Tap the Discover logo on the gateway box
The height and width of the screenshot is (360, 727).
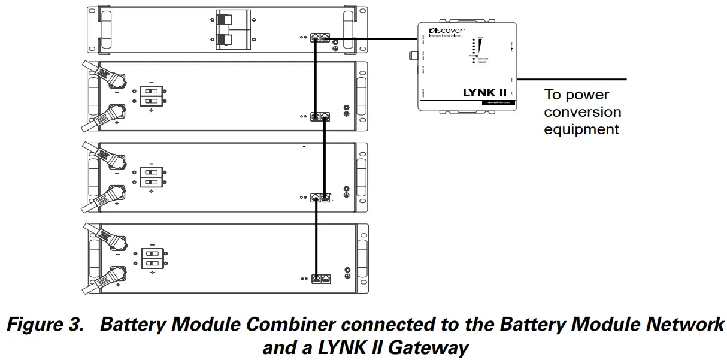click(x=446, y=30)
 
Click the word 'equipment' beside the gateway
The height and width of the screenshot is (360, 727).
click(x=581, y=129)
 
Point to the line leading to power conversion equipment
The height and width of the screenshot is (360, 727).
click(x=572, y=79)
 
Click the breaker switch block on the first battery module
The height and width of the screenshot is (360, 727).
click(x=152, y=96)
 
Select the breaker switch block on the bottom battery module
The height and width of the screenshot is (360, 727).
click(x=152, y=258)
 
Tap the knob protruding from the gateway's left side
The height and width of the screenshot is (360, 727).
click(x=412, y=56)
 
